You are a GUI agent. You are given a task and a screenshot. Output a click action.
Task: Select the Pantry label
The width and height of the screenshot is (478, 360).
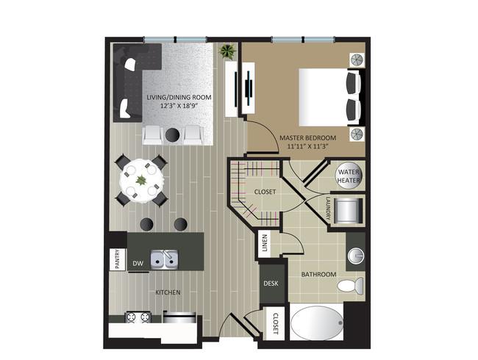point(116,261)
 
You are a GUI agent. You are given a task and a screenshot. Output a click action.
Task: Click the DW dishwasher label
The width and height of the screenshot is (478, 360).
point(138,263)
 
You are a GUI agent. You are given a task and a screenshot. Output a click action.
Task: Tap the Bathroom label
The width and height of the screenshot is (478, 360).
point(318,275)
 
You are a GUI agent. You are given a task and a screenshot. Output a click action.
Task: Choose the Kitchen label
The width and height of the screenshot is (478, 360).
point(167,292)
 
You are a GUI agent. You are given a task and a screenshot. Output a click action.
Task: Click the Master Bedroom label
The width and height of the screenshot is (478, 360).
point(307,137)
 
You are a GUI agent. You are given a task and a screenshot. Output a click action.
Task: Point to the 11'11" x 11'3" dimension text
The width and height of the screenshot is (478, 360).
point(307,146)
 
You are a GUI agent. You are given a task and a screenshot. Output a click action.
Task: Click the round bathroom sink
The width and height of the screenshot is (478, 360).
point(356,254)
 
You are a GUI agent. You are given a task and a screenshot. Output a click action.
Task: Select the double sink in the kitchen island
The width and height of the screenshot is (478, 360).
point(165,259)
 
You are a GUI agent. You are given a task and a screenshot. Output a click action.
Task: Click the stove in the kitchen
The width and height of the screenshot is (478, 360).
point(137,318)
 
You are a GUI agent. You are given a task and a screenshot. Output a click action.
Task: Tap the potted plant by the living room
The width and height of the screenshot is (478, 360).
point(226,52)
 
